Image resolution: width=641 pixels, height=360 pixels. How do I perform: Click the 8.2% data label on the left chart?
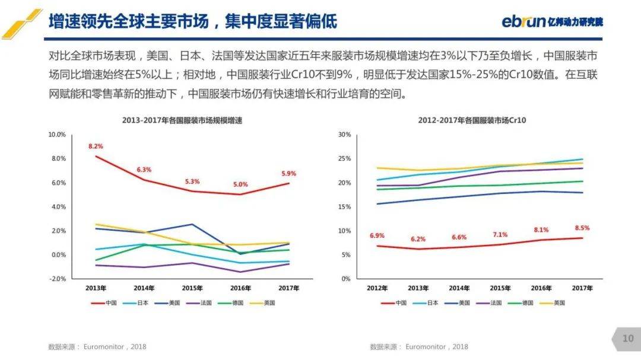point(96,146)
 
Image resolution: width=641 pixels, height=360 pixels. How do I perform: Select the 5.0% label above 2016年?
point(240,184)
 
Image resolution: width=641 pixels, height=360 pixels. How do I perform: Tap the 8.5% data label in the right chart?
point(582,228)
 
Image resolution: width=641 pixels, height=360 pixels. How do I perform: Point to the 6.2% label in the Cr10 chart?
point(418,239)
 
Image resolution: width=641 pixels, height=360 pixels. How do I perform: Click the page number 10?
point(628,339)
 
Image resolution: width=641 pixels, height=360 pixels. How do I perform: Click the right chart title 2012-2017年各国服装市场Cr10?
point(472,120)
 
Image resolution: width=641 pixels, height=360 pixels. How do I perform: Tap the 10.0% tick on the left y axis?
point(57,135)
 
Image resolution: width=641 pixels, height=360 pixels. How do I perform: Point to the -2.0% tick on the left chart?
point(57,279)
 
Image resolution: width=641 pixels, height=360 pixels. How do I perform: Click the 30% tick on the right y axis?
point(345,135)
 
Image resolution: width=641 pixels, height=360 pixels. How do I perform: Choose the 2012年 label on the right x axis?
point(377,288)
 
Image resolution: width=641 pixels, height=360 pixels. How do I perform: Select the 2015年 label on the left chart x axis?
point(192,288)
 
